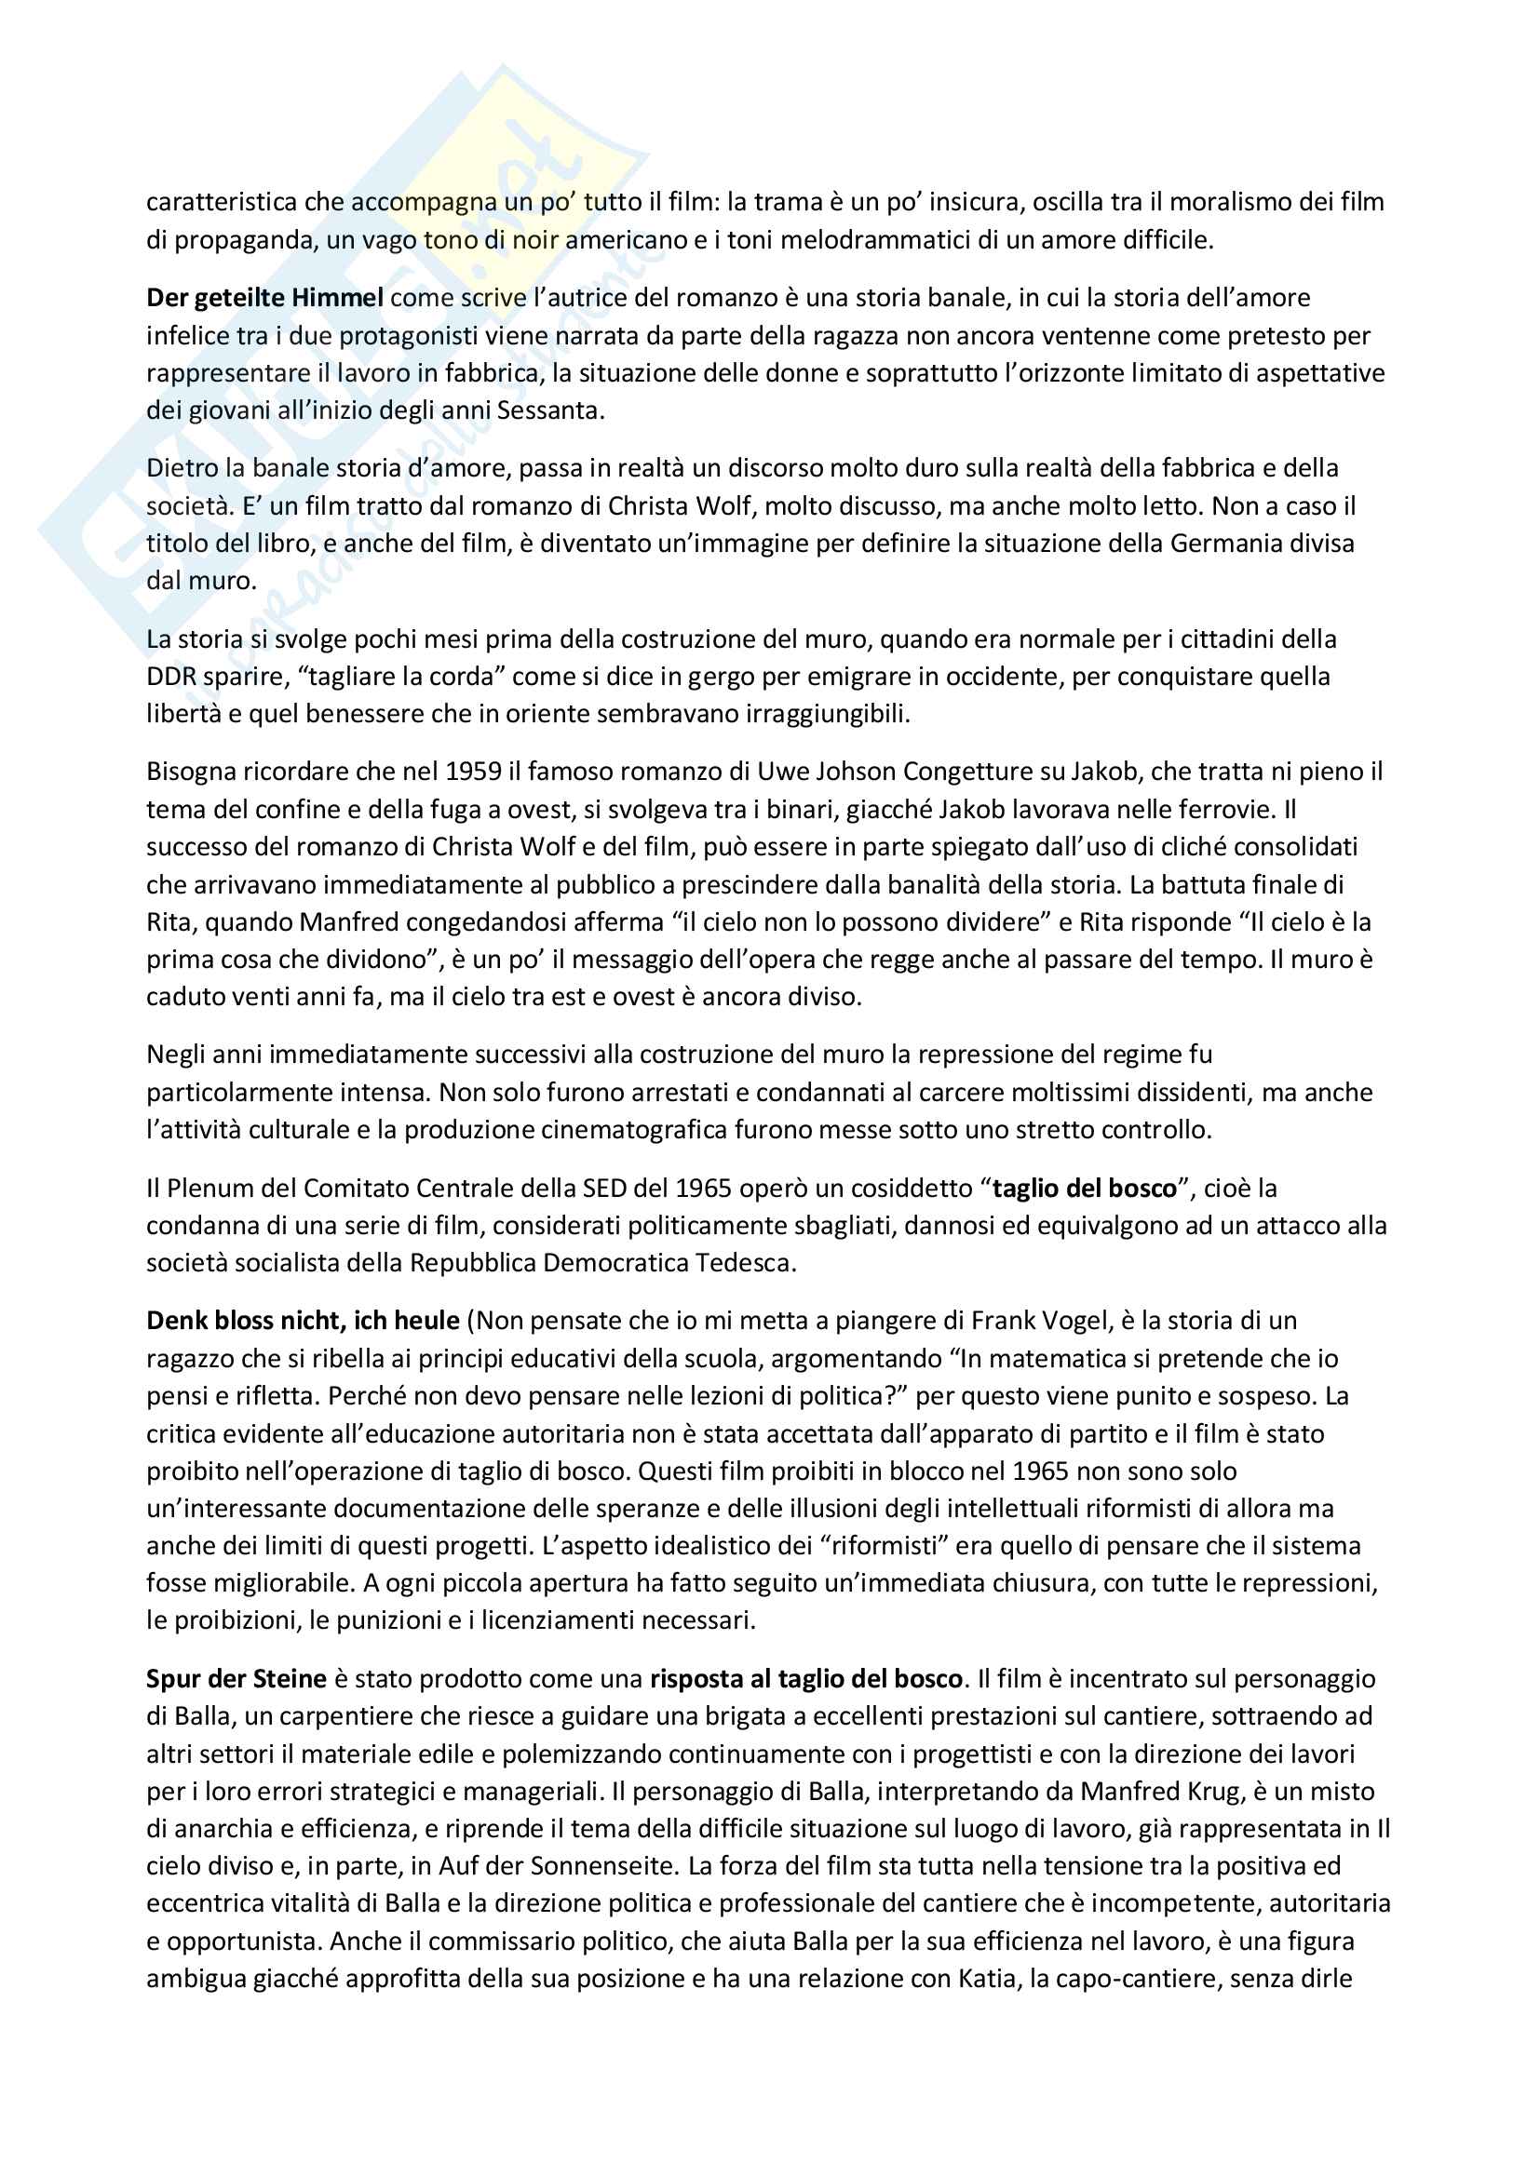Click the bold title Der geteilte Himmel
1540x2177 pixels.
pos(264,298)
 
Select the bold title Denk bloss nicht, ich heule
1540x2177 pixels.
pos(303,1321)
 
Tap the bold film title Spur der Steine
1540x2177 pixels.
pos(236,1679)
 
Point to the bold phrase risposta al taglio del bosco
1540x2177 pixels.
pos(806,1679)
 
